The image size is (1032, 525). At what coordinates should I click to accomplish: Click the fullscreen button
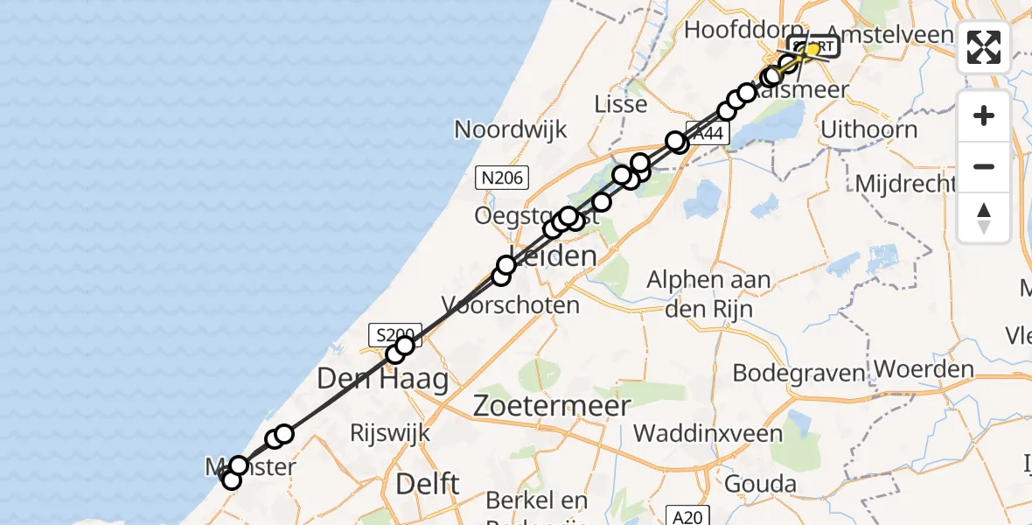click(x=984, y=47)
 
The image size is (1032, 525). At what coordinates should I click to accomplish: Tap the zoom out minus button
click(x=984, y=166)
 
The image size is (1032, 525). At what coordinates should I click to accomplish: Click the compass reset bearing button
click(x=984, y=217)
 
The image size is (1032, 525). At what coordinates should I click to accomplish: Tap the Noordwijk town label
click(x=510, y=130)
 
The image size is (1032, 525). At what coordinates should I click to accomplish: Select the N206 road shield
click(x=501, y=179)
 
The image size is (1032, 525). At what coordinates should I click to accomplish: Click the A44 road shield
click(x=707, y=134)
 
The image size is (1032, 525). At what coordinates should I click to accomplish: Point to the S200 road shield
click(x=391, y=333)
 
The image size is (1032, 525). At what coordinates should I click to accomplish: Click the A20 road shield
click(x=687, y=517)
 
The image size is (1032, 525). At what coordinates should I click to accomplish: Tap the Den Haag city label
click(x=382, y=379)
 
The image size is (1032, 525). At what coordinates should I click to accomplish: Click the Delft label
click(x=428, y=483)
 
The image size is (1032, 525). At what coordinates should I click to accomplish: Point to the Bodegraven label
click(x=798, y=373)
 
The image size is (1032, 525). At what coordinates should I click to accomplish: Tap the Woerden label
click(x=924, y=369)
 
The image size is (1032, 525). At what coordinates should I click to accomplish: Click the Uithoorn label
click(x=868, y=130)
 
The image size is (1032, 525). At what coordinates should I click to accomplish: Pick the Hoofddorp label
click(x=731, y=30)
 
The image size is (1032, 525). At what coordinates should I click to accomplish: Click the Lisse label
click(x=620, y=104)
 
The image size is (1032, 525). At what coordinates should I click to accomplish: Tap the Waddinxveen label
click(x=708, y=432)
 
